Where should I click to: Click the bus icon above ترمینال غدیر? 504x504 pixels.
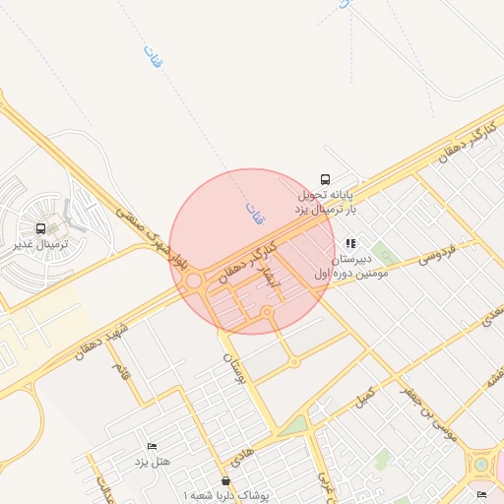coord(41,227)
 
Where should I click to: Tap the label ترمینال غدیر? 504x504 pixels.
coord(38,242)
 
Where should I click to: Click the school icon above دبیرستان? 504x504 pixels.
coord(350,243)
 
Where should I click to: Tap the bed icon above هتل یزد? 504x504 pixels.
coord(151,446)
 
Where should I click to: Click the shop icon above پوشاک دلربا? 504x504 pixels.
coord(227,480)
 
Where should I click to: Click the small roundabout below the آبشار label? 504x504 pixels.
coord(267,311)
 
